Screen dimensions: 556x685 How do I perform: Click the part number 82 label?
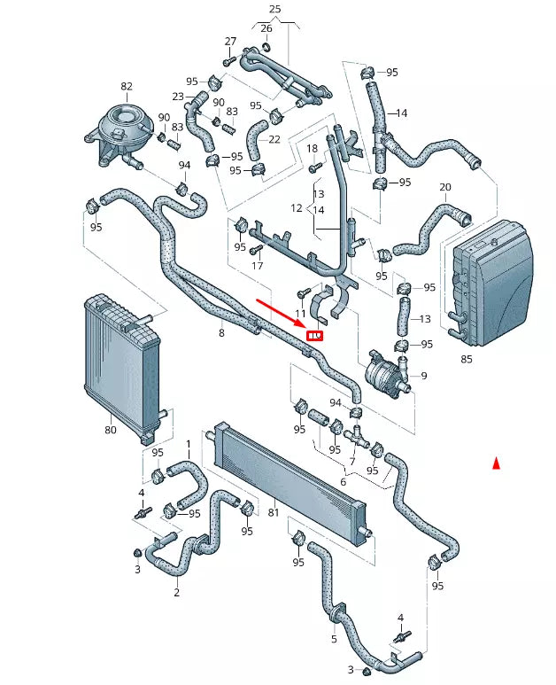127,86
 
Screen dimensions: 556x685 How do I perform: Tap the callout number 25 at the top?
275,9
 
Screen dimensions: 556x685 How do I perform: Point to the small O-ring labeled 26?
266,46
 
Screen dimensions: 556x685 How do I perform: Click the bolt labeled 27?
229,61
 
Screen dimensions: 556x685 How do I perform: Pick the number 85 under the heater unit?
467,359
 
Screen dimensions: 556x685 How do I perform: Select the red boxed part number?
315,336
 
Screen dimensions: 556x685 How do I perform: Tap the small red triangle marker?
496,463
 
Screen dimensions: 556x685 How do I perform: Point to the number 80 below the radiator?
111,430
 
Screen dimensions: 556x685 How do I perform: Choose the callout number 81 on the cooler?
274,511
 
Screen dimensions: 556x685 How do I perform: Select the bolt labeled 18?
315,167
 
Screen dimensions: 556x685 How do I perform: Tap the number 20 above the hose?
445,187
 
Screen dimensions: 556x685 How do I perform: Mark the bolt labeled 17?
256,249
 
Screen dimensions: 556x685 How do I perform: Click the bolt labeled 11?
303,292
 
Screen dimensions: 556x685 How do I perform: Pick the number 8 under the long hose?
221,333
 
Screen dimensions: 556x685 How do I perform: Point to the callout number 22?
274,139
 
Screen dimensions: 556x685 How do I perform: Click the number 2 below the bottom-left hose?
177,592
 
